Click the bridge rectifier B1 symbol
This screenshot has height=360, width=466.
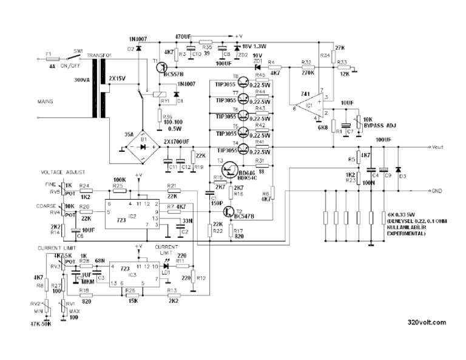tap(143, 144)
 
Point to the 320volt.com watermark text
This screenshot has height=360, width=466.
tap(427, 322)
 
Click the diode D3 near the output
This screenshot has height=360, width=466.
tap(398, 169)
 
